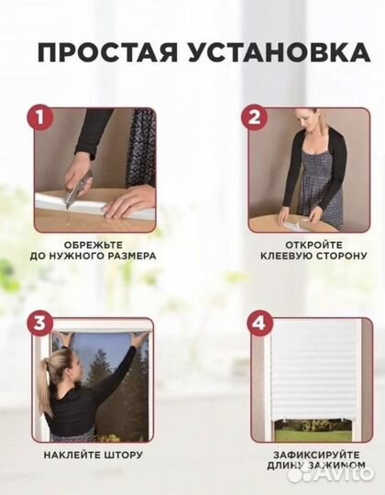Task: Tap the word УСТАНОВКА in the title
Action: tap(267, 50)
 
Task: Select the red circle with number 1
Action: tap(38, 116)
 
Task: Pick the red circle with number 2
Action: tap(254, 116)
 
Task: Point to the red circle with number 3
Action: tap(38, 323)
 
